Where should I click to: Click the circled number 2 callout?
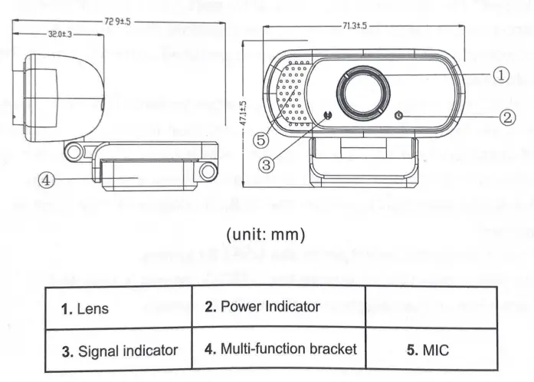[508, 117]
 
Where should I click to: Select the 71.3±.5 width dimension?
[355, 25]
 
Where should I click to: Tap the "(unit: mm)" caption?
[266, 231]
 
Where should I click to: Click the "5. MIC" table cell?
[428, 350]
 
